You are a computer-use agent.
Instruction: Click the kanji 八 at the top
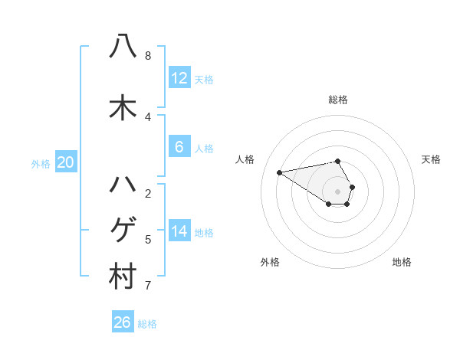click(x=123, y=45)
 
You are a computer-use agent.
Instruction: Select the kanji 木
click(x=123, y=108)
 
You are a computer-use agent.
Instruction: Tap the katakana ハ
click(x=123, y=185)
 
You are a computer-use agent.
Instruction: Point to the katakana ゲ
click(x=123, y=230)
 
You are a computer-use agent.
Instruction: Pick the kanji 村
click(x=123, y=277)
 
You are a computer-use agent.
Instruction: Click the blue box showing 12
click(x=179, y=78)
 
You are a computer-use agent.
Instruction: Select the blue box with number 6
click(x=179, y=147)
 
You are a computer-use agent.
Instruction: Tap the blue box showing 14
click(x=179, y=231)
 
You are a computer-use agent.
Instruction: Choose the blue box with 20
click(x=66, y=162)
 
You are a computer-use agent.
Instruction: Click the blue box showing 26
click(x=123, y=322)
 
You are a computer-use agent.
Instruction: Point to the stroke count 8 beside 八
click(x=148, y=56)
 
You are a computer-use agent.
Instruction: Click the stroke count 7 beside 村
click(x=148, y=286)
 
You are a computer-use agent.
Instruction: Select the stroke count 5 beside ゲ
click(x=148, y=240)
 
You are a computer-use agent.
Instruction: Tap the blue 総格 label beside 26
click(x=147, y=324)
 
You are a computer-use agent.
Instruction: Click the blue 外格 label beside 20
click(x=40, y=163)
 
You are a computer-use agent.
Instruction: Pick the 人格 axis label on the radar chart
click(x=245, y=159)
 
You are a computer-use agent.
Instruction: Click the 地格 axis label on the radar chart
click(x=402, y=262)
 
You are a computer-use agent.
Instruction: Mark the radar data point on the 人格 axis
click(x=279, y=172)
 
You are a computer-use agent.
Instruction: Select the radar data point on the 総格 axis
click(x=337, y=161)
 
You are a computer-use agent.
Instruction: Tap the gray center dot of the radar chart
click(x=337, y=191)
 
